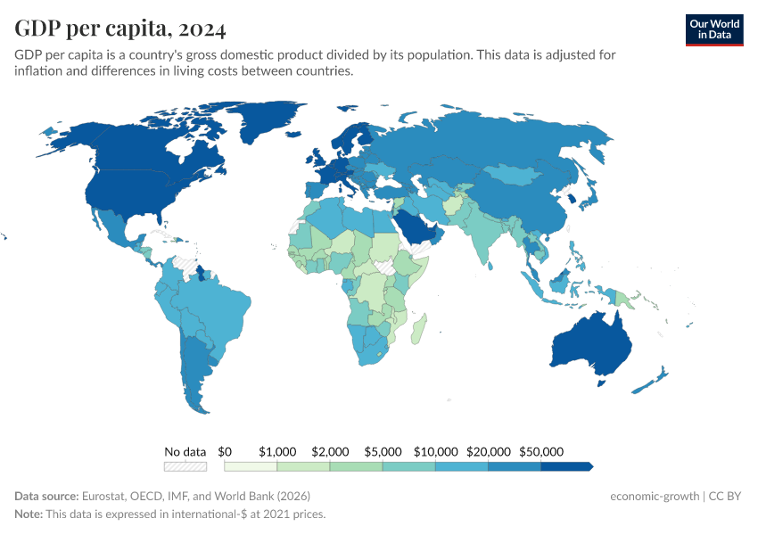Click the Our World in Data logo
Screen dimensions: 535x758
click(x=713, y=29)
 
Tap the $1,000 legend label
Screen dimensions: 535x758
click(x=276, y=452)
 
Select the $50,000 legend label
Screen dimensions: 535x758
click(x=540, y=452)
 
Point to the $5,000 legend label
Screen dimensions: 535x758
click(x=382, y=452)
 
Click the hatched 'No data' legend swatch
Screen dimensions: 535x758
click(x=185, y=465)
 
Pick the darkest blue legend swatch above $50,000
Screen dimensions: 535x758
click(x=565, y=465)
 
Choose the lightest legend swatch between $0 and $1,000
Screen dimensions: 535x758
click(x=251, y=465)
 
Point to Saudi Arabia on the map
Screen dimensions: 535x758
click(x=414, y=227)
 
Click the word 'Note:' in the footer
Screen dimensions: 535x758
click(x=29, y=514)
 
